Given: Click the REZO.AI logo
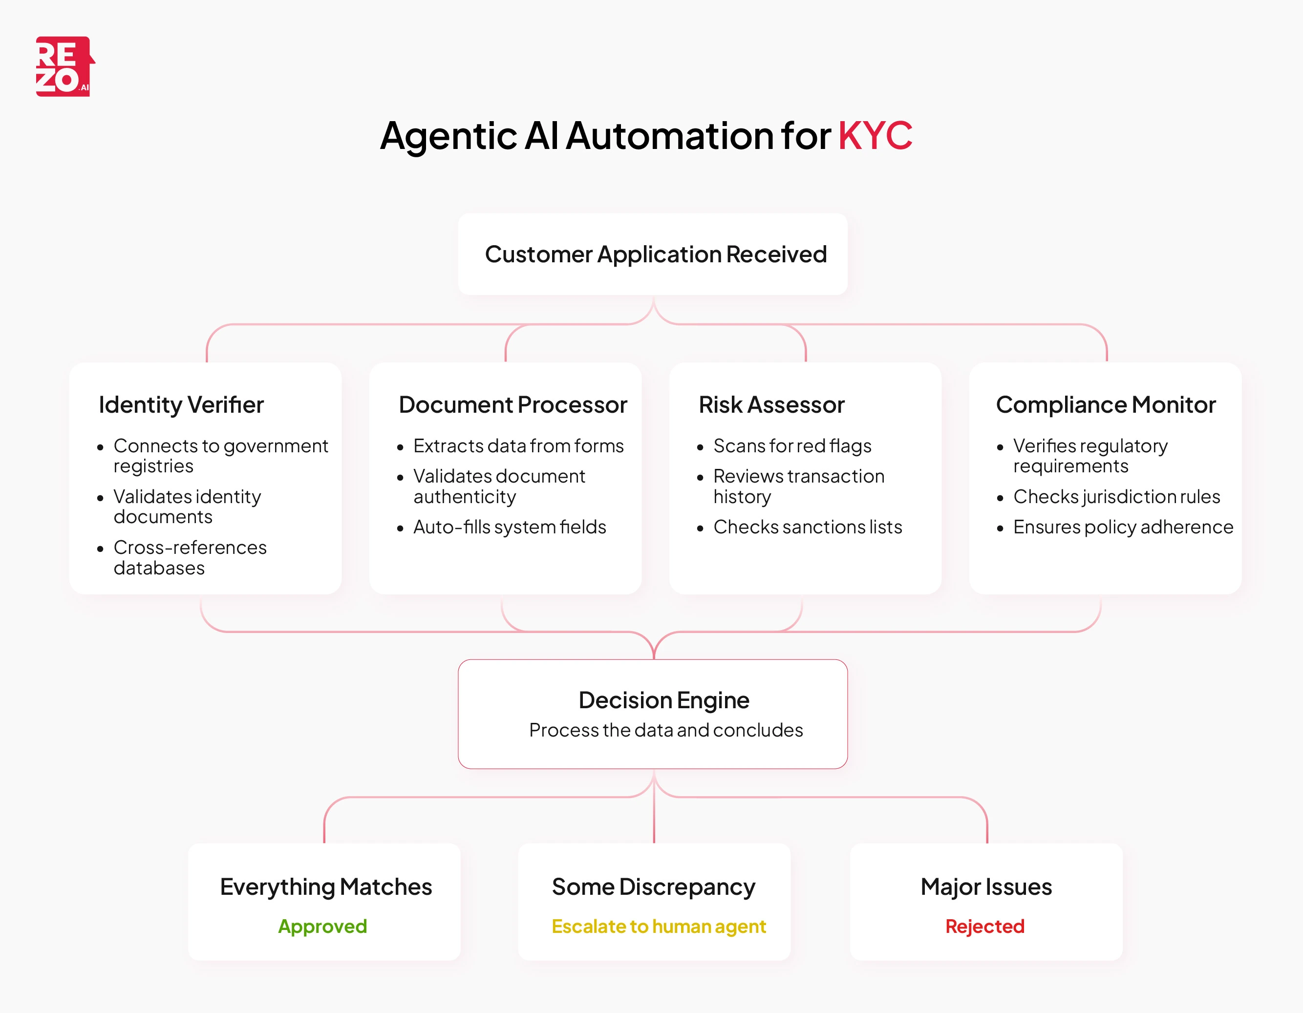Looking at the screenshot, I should coord(64,66).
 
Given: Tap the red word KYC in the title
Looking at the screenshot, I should coord(875,135).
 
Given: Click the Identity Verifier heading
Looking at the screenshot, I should coord(181,405).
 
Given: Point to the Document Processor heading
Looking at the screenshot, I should coord(513,405).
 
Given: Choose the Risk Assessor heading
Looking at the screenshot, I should coord(771,405).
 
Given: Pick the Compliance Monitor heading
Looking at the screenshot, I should coord(1105,405).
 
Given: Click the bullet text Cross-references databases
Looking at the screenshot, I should coord(190,557).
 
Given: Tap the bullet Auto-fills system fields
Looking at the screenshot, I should coord(510,527).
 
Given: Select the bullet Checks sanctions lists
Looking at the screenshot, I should coord(807,527).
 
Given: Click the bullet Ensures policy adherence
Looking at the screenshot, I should coord(1123,527).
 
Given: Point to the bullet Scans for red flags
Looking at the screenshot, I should coord(791,445).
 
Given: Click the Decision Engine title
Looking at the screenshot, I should coord(663,700).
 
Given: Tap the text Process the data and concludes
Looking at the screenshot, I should coord(666,730).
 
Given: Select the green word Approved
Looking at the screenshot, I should coord(322,926).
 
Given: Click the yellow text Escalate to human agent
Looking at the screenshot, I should coord(658,926).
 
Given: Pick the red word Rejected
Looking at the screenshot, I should coord(984,926).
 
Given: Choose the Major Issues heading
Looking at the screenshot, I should coord(985,887).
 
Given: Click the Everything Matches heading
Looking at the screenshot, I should coord(326,887).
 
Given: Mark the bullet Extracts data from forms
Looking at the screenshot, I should coord(518,445).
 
